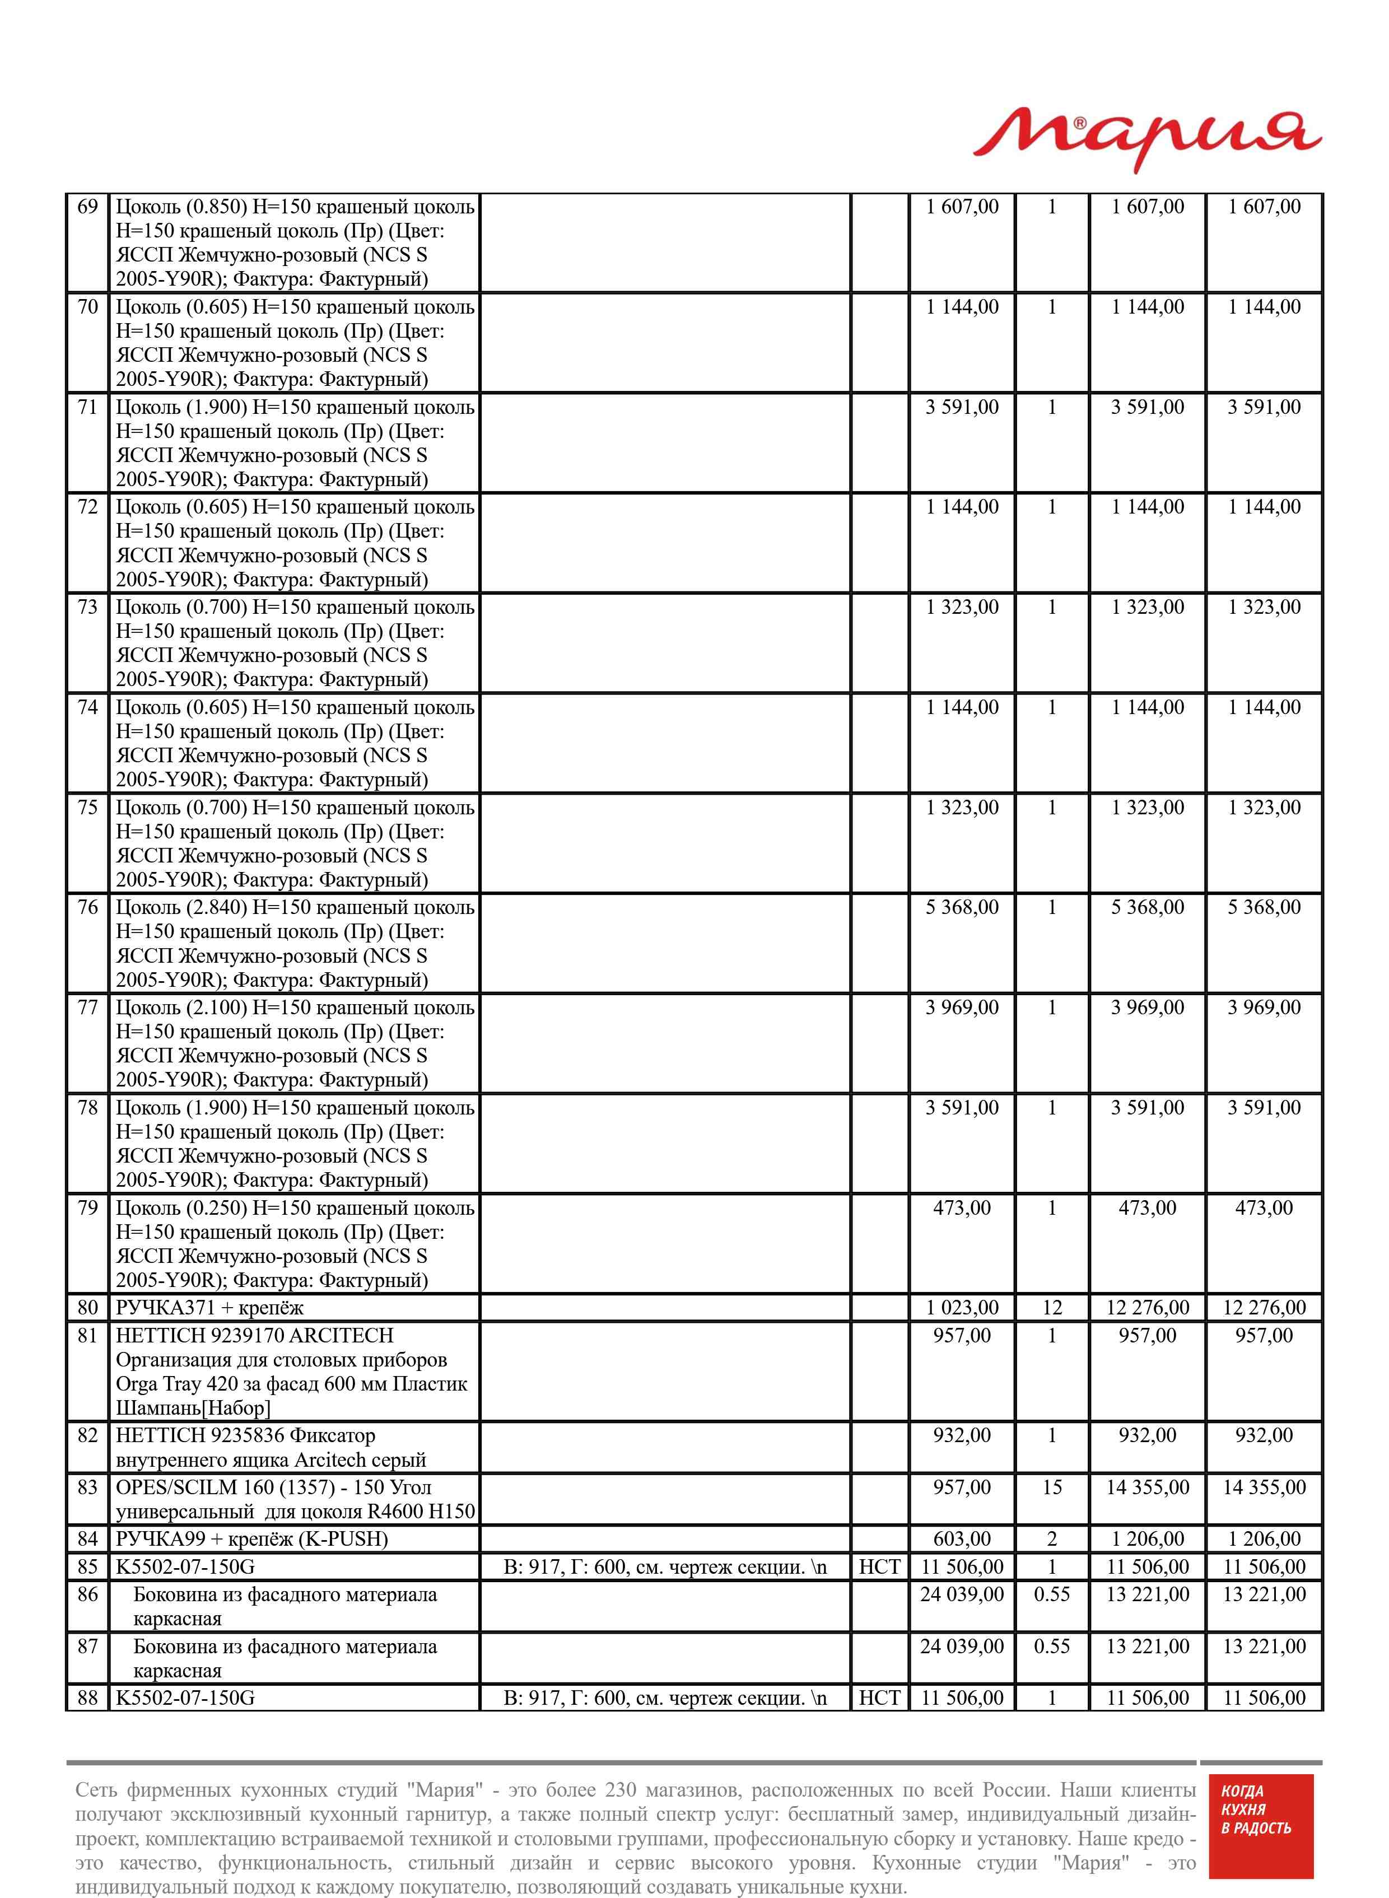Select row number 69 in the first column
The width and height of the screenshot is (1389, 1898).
(x=87, y=207)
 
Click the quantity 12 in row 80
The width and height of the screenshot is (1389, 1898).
(x=1052, y=1308)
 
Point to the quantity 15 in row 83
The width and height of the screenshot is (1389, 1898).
(x=1052, y=1487)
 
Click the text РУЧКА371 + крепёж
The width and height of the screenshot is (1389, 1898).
(x=209, y=1308)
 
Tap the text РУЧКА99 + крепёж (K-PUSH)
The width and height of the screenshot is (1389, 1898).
(x=251, y=1539)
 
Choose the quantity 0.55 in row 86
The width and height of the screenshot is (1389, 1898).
(x=1052, y=1594)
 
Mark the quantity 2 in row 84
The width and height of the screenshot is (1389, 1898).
(x=1052, y=1539)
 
